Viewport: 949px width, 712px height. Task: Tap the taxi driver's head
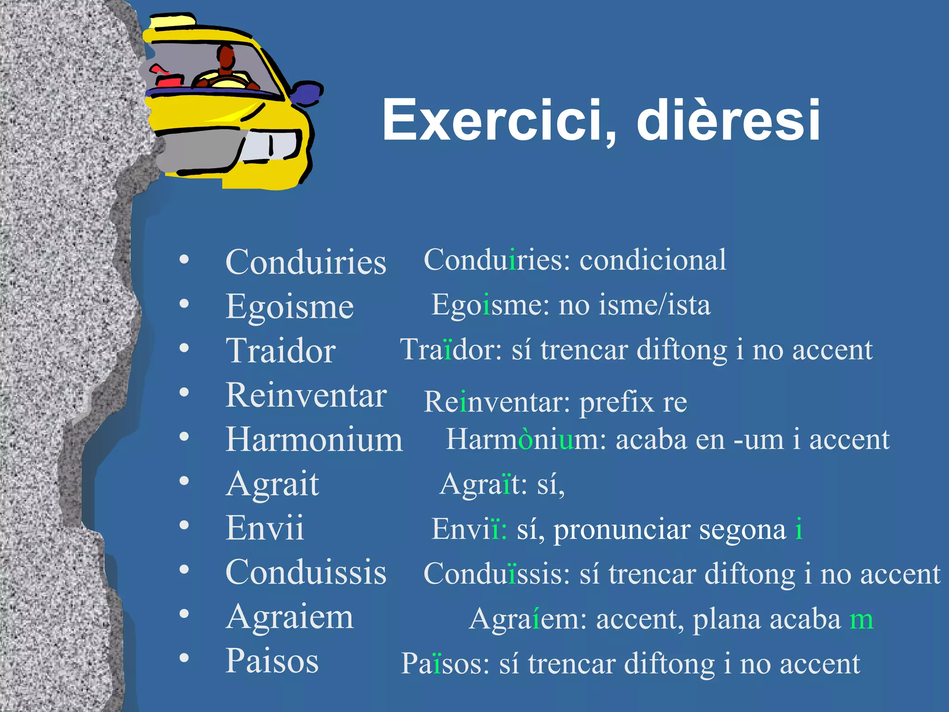pos(226,57)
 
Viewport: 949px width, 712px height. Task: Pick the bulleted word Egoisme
pos(290,307)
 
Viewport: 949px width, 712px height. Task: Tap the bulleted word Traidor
pos(281,351)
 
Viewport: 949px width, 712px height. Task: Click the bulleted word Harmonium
pos(314,440)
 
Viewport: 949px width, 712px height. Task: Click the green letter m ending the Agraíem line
pos(861,619)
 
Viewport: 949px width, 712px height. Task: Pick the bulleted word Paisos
pos(272,661)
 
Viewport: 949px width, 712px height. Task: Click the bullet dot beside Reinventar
pos(184,393)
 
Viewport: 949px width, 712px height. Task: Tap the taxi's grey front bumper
pos(199,151)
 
